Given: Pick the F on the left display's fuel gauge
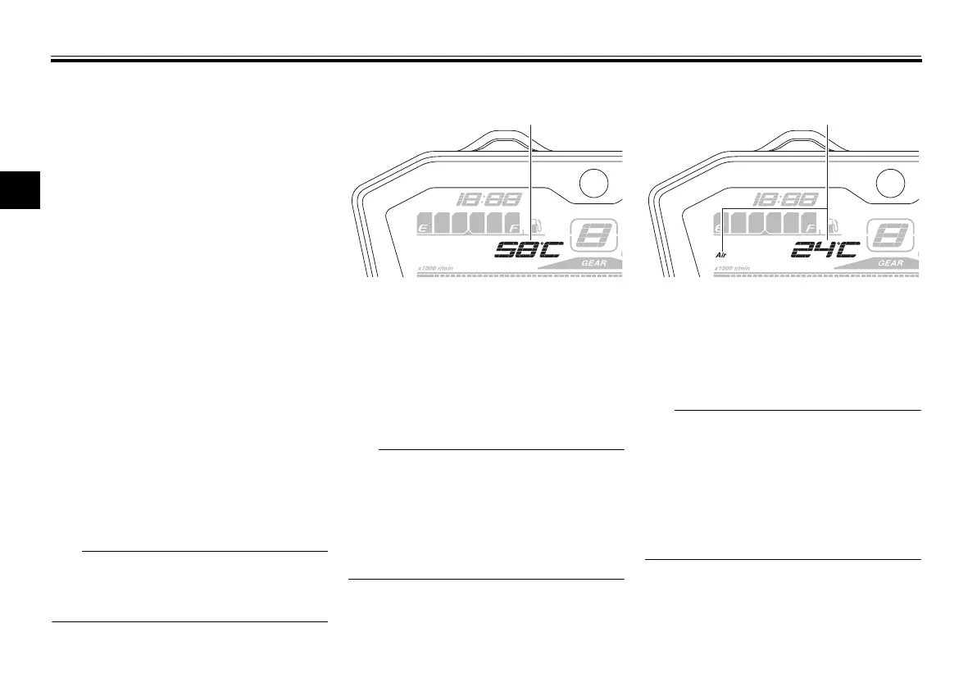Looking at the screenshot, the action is coord(514,226).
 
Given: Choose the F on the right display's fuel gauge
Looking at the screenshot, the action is coord(811,226).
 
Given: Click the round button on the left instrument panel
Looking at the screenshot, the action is coord(596,184).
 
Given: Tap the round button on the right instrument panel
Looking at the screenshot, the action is coord(893,184).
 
